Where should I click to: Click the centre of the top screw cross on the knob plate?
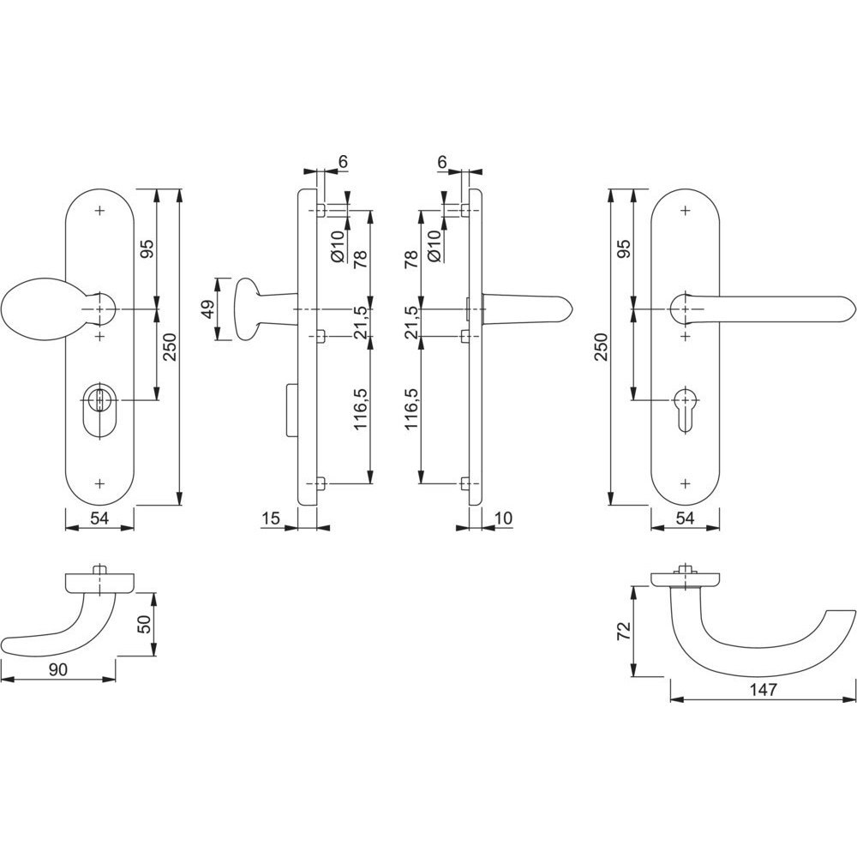99,211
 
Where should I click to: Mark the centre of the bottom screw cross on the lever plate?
686,483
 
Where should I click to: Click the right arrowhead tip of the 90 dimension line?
116,680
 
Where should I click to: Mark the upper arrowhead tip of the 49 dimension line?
218,279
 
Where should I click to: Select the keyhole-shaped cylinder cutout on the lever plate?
686,410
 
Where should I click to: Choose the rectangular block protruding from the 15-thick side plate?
292,410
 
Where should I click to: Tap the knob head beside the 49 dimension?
246,309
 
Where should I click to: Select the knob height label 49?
207,309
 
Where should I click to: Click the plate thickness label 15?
271,518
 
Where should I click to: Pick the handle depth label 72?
624,632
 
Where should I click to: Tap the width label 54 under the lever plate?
685,518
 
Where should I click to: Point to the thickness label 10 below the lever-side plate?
504,518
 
